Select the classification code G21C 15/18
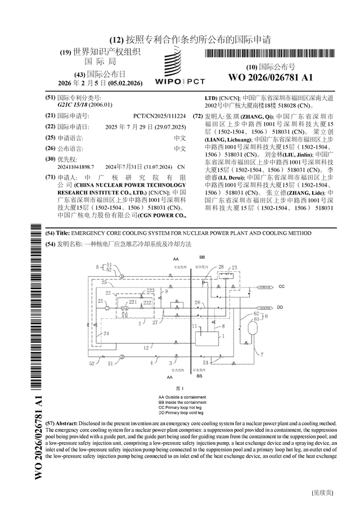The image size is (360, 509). pyautogui.click(x=77, y=105)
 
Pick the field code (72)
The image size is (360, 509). pyautogui.click(x=197, y=115)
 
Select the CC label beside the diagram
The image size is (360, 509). pyautogui.click(x=281, y=287)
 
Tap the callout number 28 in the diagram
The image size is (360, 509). pyautogui.click(x=220, y=267)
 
